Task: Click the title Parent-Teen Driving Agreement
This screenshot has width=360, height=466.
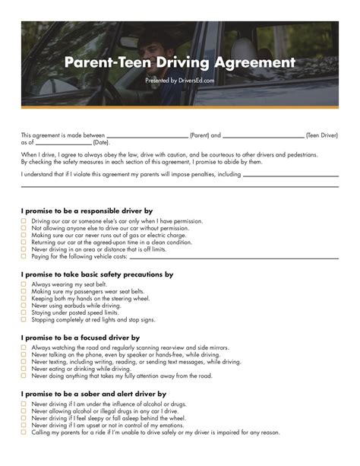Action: click(179, 62)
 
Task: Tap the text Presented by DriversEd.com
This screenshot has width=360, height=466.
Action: click(179, 80)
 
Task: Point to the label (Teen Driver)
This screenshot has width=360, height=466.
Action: click(322, 135)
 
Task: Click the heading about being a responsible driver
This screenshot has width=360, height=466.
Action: click(87, 210)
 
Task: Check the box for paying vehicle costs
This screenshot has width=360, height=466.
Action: click(24, 256)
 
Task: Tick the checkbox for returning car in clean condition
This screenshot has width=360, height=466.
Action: click(24, 243)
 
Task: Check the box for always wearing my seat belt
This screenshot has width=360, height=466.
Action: click(24, 285)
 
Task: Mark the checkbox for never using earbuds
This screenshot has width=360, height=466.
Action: click(24, 306)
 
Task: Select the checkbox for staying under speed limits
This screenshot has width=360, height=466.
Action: click(24, 312)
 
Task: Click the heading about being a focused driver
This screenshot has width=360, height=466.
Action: click(81, 337)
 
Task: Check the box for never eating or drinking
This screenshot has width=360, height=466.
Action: click(24, 369)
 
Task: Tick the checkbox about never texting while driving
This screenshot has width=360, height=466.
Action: click(24, 362)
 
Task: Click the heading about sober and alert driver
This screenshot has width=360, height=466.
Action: click(93, 394)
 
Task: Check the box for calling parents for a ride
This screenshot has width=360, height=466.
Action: click(24, 432)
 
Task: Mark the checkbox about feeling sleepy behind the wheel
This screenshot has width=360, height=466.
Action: click(24, 418)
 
